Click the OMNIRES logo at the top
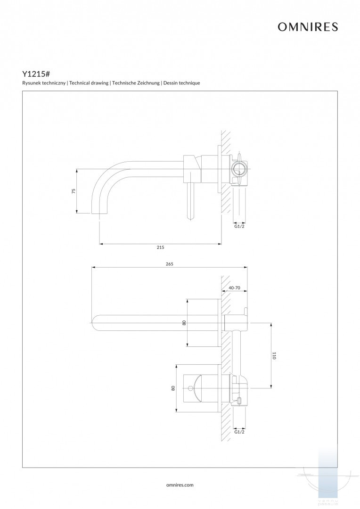coord(308,27)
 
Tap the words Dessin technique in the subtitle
coord(182,83)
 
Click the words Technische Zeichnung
coord(136,83)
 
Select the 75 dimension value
coord(74,191)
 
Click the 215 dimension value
coord(160,247)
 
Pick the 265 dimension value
coord(170,264)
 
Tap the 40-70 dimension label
coord(235,287)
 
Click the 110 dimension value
coord(274,356)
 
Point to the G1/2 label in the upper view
coord(239,226)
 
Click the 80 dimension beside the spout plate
coord(184,323)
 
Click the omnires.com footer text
coord(180,484)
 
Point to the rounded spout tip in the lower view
coord(95,323)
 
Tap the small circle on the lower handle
coord(190,389)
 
